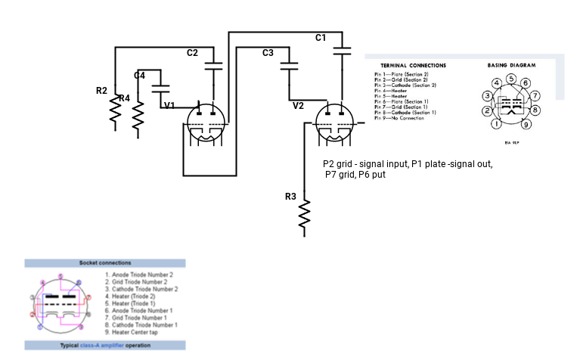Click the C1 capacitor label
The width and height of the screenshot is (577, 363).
point(321,38)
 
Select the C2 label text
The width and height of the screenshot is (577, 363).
point(192,53)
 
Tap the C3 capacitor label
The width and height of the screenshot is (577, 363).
point(268,53)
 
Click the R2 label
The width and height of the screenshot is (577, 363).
point(101,91)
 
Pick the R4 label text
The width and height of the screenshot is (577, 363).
point(124,98)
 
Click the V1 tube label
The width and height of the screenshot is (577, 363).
point(169,105)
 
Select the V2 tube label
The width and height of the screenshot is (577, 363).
point(298,106)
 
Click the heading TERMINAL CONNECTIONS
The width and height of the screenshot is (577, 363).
point(413,66)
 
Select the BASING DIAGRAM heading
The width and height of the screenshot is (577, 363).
point(511,66)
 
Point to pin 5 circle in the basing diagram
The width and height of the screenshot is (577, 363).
point(511,79)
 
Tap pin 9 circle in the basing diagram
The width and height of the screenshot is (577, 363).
point(526,124)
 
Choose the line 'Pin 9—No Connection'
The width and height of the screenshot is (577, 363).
point(401,118)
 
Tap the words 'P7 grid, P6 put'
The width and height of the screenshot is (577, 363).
point(355,175)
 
